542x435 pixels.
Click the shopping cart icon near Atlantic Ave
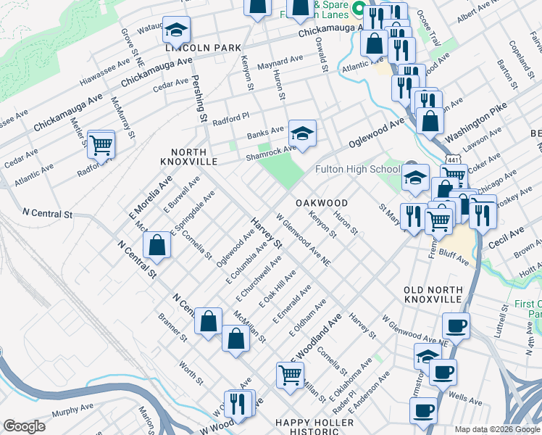[101, 144]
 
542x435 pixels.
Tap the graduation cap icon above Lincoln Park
[176, 30]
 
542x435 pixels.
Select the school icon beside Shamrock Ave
[303, 133]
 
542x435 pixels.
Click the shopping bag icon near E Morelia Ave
[157, 246]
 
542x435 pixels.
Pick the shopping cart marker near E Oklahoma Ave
[290, 375]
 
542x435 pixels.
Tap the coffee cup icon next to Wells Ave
[443, 373]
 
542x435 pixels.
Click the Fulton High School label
[357, 170]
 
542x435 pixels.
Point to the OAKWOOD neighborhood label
[321, 203]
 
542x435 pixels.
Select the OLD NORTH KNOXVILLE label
[433, 294]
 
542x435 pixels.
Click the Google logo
[24, 426]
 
